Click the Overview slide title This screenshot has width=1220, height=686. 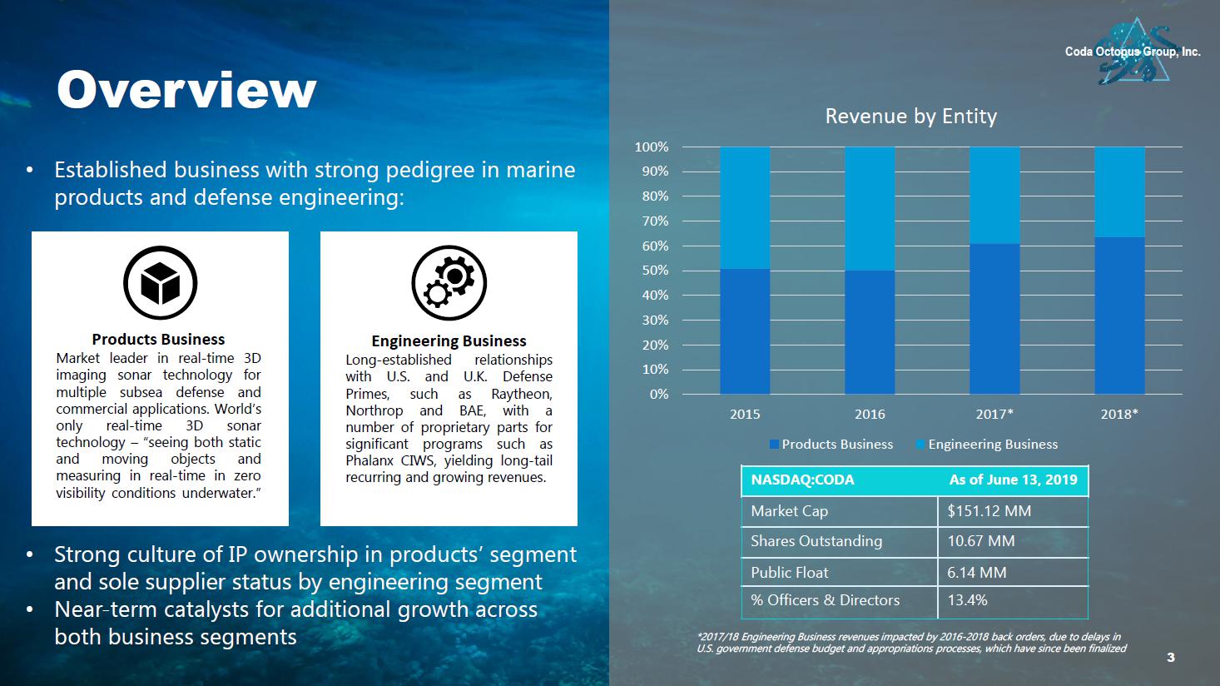tap(186, 90)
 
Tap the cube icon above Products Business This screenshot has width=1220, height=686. tap(160, 283)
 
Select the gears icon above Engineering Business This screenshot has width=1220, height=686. tap(449, 283)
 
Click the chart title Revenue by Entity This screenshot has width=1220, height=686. tap(910, 117)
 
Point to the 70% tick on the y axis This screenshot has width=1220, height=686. tap(652, 221)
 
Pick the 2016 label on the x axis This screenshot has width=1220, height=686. tap(870, 414)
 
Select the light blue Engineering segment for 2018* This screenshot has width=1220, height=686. tap(1119, 192)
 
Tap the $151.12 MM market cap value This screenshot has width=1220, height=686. tap(989, 511)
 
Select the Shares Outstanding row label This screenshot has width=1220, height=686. tap(816, 541)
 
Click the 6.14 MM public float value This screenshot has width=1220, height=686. tap(976, 573)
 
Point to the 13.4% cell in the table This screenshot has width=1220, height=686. tap(967, 600)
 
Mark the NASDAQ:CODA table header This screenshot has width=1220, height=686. tap(802, 480)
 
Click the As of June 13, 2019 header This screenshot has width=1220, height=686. tap(1013, 480)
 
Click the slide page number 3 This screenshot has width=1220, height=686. tap(1171, 658)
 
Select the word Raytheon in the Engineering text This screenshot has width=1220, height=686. tap(521, 394)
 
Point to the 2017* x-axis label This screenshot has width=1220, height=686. tap(994, 414)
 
